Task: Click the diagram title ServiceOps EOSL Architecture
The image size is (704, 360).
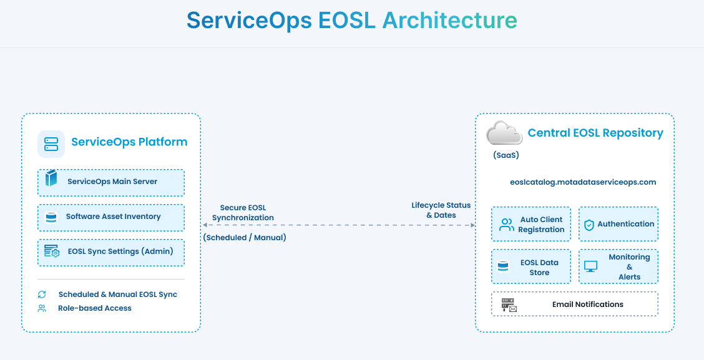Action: (x=351, y=21)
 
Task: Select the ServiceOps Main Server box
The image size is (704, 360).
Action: (x=111, y=182)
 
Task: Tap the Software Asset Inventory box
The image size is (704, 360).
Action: (x=111, y=217)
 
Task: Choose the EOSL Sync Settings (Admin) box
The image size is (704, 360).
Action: (x=111, y=252)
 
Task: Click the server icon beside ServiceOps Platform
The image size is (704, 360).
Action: (x=51, y=144)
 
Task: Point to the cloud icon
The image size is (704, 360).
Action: (x=504, y=133)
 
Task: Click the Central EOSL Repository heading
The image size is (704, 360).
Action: (x=595, y=133)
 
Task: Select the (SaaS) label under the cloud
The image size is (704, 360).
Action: (x=506, y=155)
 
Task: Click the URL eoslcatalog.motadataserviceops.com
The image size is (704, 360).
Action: (x=583, y=182)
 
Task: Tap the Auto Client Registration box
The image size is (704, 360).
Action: (x=531, y=224)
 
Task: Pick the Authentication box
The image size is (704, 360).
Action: (x=618, y=224)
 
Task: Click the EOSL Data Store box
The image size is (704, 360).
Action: (x=531, y=267)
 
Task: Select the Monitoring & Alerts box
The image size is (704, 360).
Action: (x=618, y=267)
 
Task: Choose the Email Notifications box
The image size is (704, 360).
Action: (x=574, y=304)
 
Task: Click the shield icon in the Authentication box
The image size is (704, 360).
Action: (x=589, y=225)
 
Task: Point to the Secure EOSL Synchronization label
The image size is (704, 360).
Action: (x=243, y=213)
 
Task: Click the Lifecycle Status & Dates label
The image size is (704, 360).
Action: (x=441, y=210)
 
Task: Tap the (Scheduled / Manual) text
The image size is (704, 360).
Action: (x=245, y=238)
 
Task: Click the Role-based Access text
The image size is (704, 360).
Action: (x=95, y=308)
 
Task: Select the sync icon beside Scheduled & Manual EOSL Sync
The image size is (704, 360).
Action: (x=42, y=294)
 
